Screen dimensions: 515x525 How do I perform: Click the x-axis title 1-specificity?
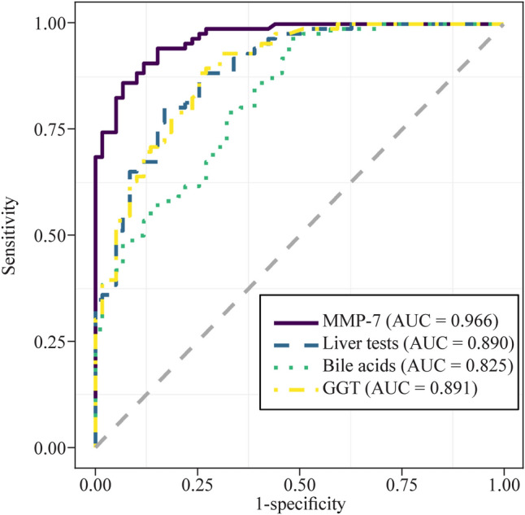tap(299, 504)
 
